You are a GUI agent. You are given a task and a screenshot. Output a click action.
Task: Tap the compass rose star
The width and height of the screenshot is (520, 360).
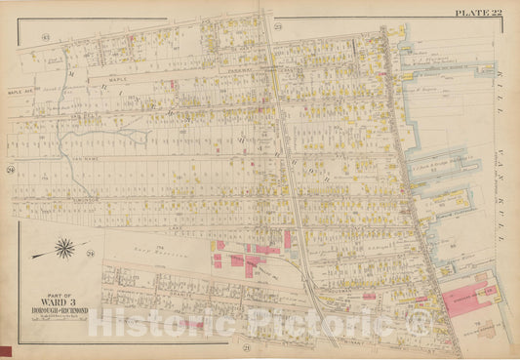[63, 251]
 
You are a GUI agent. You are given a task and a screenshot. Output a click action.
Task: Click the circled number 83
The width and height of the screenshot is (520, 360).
[46, 37]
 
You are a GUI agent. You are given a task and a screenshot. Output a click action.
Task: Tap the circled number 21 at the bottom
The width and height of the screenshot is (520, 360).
[249, 348]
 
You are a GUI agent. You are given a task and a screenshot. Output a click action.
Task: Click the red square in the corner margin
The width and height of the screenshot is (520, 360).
[5, 352]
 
